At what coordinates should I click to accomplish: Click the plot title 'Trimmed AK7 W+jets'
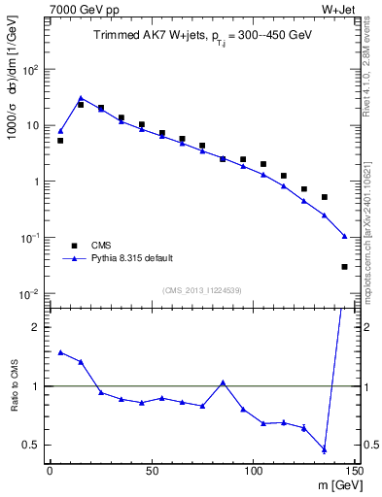(146, 35)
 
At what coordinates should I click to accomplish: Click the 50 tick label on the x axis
(151, 471)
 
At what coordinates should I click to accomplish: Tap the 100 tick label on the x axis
(253, 471)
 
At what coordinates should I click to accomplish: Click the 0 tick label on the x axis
(50, 471)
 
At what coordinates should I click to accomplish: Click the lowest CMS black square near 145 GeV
(345, 266)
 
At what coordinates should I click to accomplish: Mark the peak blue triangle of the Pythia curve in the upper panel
(81, 98)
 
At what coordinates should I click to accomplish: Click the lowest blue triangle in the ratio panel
(325, 449)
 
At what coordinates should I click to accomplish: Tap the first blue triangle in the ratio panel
(60, 352)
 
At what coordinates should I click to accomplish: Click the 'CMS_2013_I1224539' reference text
(202, 289)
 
